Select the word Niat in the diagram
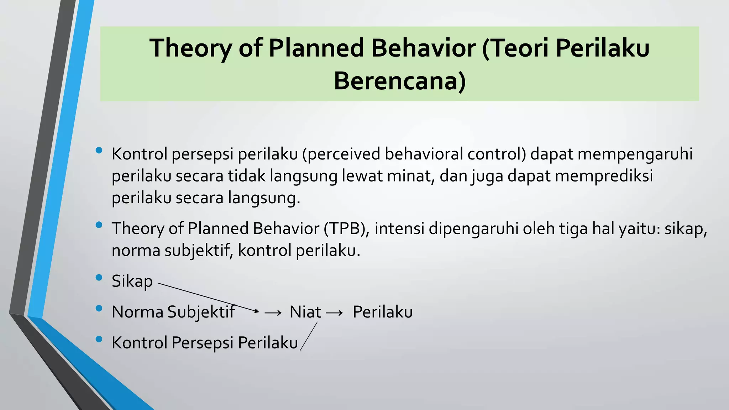305,312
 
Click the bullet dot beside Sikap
99,277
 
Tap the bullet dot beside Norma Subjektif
99,308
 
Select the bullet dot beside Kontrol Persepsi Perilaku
99,339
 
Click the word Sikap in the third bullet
132,281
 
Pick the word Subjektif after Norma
201,312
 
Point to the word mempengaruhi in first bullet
635,154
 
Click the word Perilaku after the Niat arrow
382,312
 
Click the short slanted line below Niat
309,336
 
